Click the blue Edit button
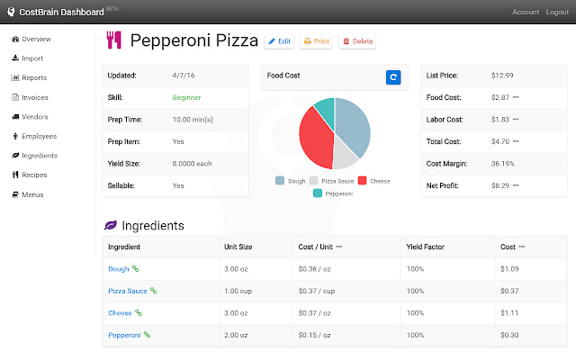click(x=279, y=41)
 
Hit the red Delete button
click(x=357, y=41)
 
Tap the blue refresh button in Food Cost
click(x=393, y=77)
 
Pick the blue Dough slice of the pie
click(x=354, y=126)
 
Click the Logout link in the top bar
click(x=557, y=12)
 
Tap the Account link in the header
click(x=526, y=12)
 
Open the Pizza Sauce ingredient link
click(x=127, y=291)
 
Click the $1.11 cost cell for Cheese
click(x=509, y=313)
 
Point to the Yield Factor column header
click(x=426, y=246)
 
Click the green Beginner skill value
click(x=186, y=96)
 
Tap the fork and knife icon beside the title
click(x=113, y=40)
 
